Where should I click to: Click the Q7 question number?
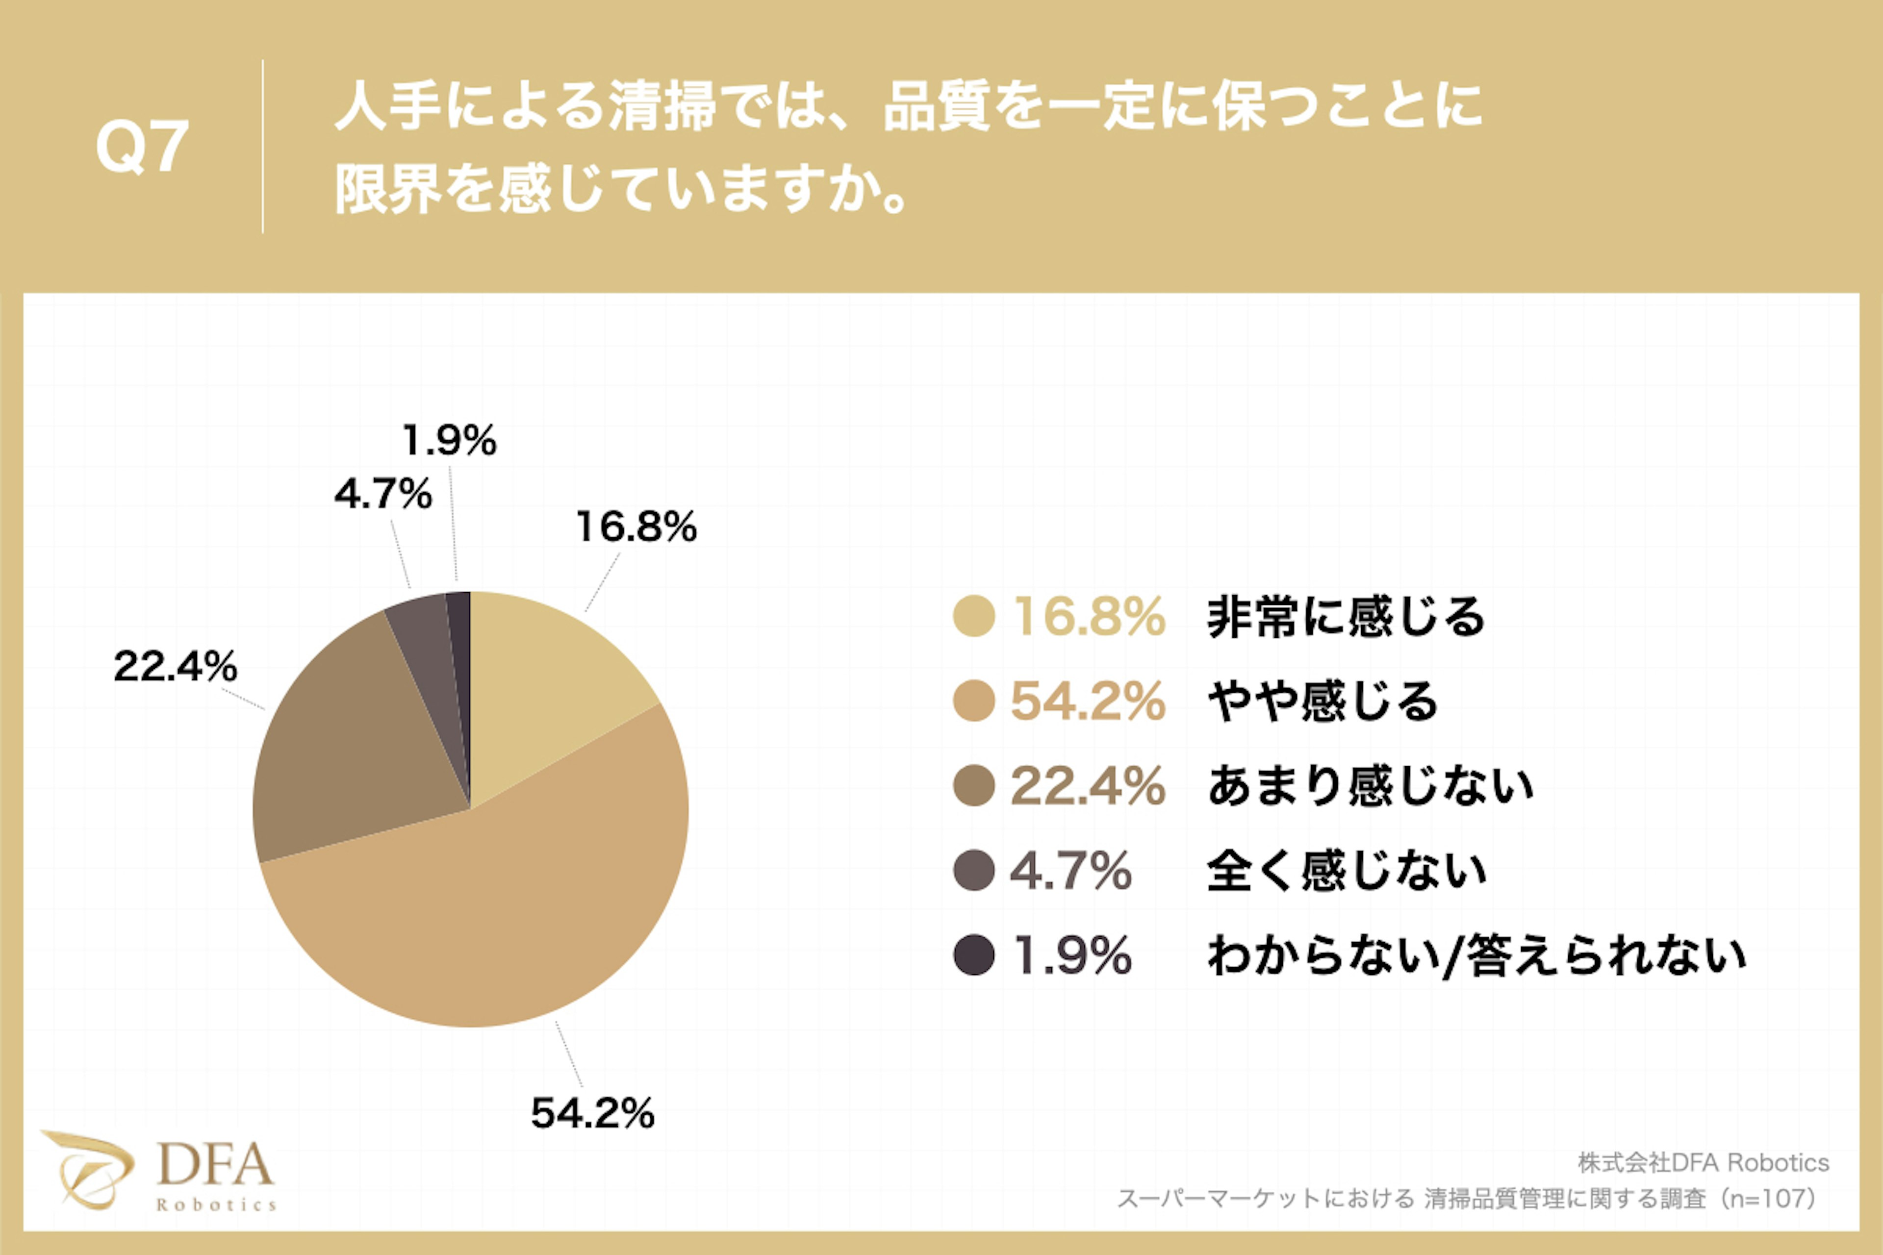(143, 147)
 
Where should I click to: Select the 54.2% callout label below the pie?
(592, 1112)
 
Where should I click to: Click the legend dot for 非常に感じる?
(973, 616)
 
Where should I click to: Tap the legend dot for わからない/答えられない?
(973, 955)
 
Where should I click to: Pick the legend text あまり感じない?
(1370, 786)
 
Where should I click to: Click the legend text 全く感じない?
(1346, 871)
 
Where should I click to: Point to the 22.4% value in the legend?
(1087, 786)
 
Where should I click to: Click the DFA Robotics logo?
(160, 1170)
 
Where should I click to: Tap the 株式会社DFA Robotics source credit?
(1703, 1162)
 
